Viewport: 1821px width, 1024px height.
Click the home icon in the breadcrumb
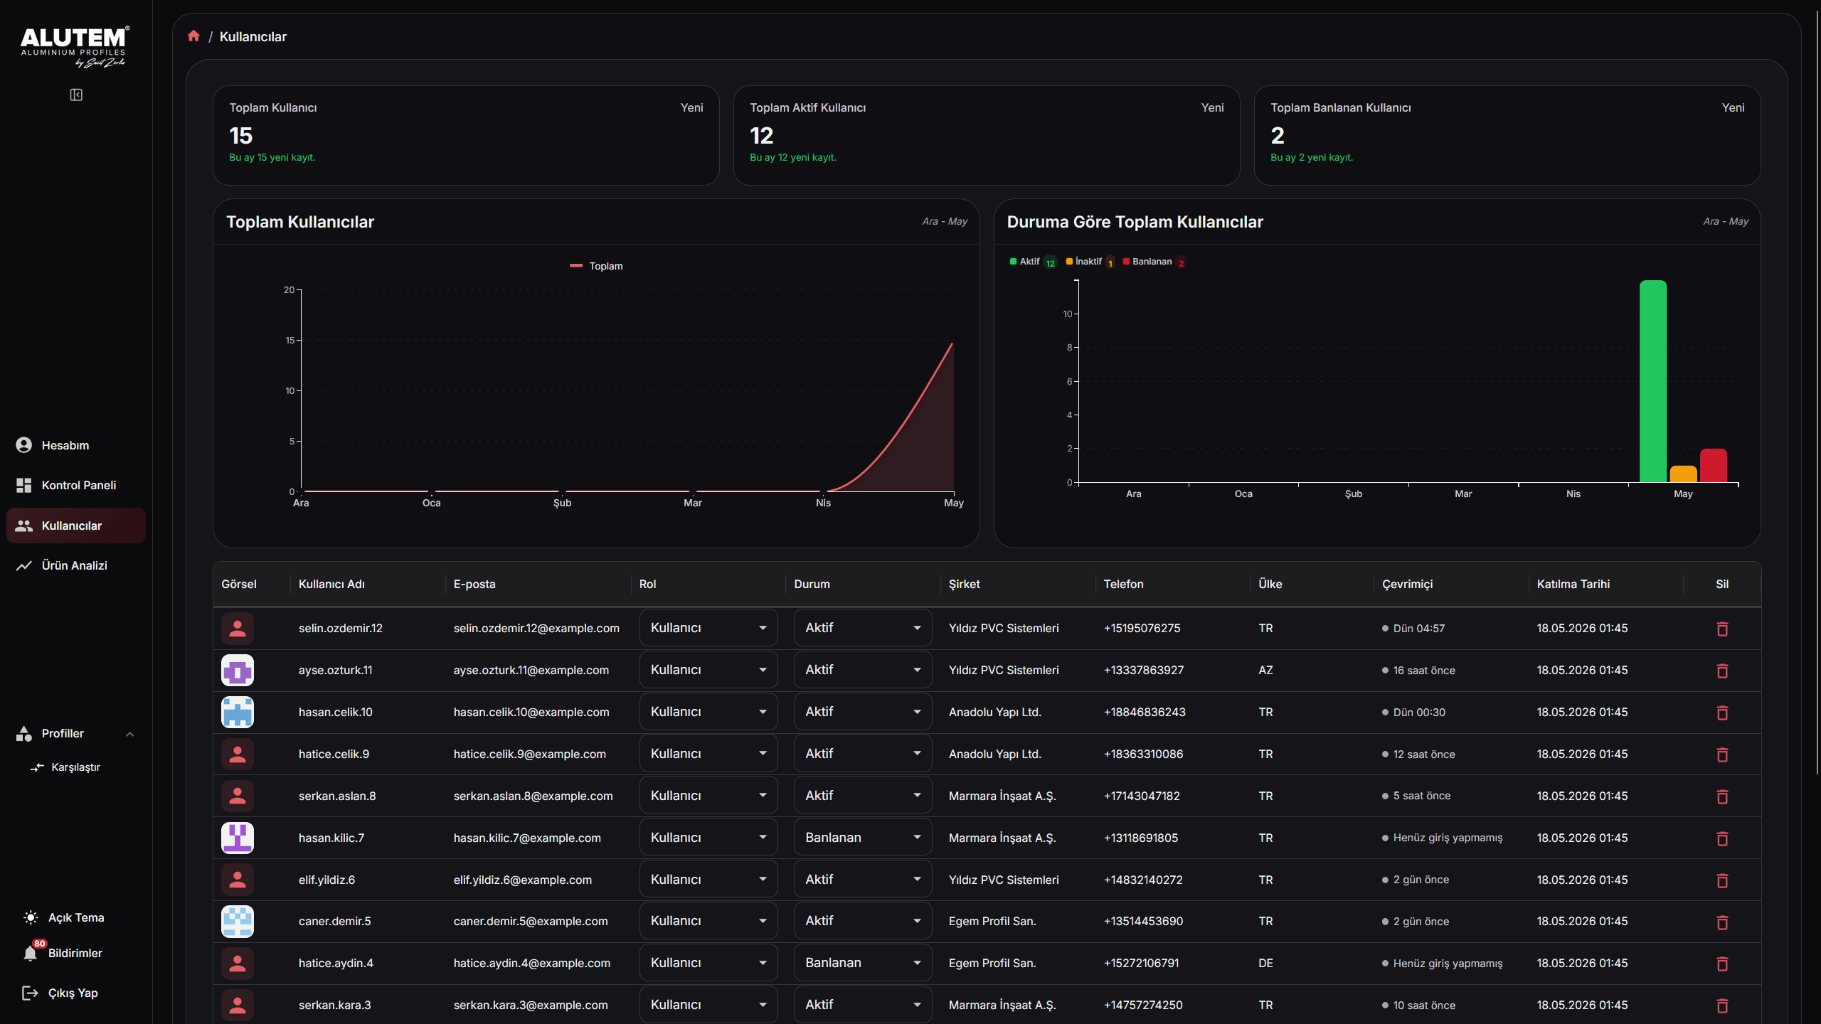[193, 36]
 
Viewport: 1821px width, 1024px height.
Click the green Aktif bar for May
[1653, 381]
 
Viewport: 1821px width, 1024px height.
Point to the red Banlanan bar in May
[1714, 466]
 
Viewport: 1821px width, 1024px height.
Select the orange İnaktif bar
[1683, 474]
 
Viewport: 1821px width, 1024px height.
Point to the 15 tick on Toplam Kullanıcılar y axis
[290, 341]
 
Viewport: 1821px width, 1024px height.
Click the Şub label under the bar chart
[1354, 494]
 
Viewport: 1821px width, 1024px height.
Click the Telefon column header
[1124, 584]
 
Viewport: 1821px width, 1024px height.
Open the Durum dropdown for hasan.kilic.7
[863, 838]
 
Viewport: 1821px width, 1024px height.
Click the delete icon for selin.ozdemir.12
[1722, 629]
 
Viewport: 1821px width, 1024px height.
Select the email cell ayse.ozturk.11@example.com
[531, 670]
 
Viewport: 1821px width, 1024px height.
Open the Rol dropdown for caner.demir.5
[708, 921]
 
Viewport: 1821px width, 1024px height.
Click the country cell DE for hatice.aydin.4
[1266, 963]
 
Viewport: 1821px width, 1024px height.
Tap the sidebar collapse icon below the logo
[76, 95]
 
